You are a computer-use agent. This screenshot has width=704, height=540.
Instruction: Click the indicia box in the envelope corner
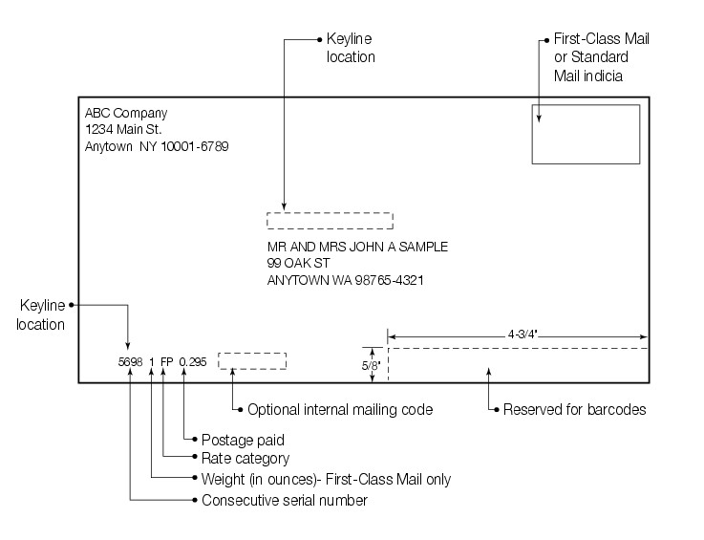tap(586, 134)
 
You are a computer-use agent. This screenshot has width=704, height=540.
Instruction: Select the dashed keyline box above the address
tap(330, 221)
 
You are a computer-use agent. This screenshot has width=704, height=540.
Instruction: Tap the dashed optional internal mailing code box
tap(252, 360)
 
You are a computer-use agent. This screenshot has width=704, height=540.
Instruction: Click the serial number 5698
tap(129, 362)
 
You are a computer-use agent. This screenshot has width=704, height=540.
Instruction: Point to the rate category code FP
tap(167, 362)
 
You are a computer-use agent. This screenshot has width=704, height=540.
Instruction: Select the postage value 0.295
tap(192, 362)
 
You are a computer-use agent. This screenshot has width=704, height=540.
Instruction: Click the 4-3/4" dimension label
tap(517, 335)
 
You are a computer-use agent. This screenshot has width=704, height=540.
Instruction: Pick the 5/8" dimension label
tap(371, 365)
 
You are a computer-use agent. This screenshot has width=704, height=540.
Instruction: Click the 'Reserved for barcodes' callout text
tap(575, 410)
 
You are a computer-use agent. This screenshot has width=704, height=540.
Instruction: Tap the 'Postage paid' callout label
tap(242, 441)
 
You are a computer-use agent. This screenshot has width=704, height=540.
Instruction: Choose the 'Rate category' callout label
tap(245, 459)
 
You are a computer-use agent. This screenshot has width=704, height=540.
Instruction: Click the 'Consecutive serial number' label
tap(284, 500)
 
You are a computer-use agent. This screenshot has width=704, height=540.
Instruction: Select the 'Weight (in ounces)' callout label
tap(326, 479)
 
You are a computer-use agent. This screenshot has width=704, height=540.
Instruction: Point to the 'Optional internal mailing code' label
tap(340, 410)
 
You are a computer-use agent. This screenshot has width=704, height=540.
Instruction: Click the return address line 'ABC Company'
tap(126, 113)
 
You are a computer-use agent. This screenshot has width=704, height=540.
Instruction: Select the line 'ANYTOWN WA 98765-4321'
tap(346, 281)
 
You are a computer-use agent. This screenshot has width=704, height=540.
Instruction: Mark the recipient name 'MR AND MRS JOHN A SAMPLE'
tap(357, 247)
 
